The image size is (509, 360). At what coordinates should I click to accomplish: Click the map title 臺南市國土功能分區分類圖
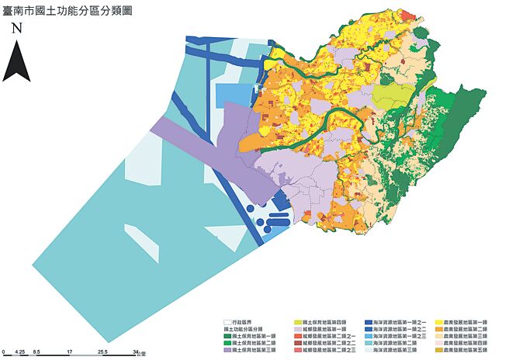65,11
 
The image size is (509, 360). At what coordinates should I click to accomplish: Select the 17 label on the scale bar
70,351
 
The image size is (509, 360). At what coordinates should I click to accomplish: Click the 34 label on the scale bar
135,351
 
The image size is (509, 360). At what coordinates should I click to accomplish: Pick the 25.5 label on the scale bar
102,351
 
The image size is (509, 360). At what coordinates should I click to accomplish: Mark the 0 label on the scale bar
5,351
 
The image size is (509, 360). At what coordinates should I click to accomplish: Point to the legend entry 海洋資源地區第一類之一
396,321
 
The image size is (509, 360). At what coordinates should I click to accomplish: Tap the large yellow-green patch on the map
396,97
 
